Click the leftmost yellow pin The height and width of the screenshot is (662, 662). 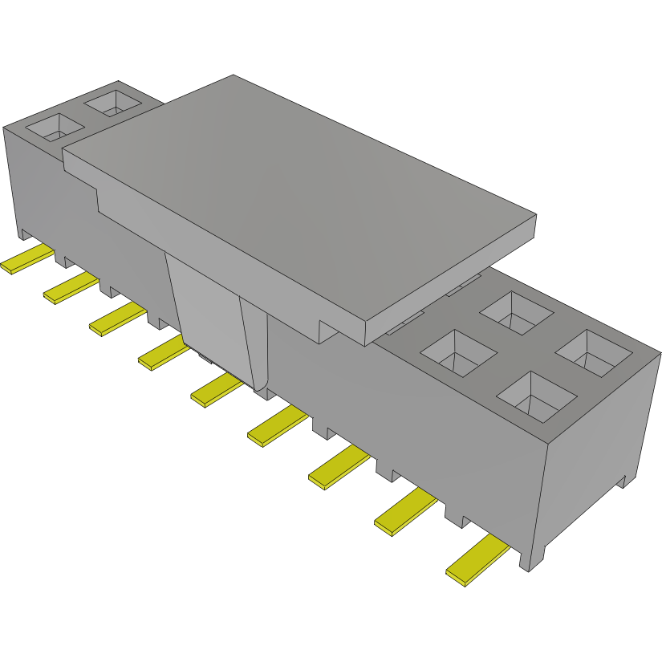(x=27, y=262)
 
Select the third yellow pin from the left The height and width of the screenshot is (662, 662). (x=116, y=319)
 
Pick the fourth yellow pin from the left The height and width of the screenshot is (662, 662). (x=164, y=353)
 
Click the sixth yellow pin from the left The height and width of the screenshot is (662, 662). (x=277, y=427)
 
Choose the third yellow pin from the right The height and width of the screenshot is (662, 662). (x=339, y=468)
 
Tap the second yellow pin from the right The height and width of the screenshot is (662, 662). (x=404, y=513)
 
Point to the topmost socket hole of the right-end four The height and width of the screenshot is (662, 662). (x=518, y=312)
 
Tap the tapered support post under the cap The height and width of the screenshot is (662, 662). (x=215, y=321)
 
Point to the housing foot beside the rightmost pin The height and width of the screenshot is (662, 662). (x=533, y=557)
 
